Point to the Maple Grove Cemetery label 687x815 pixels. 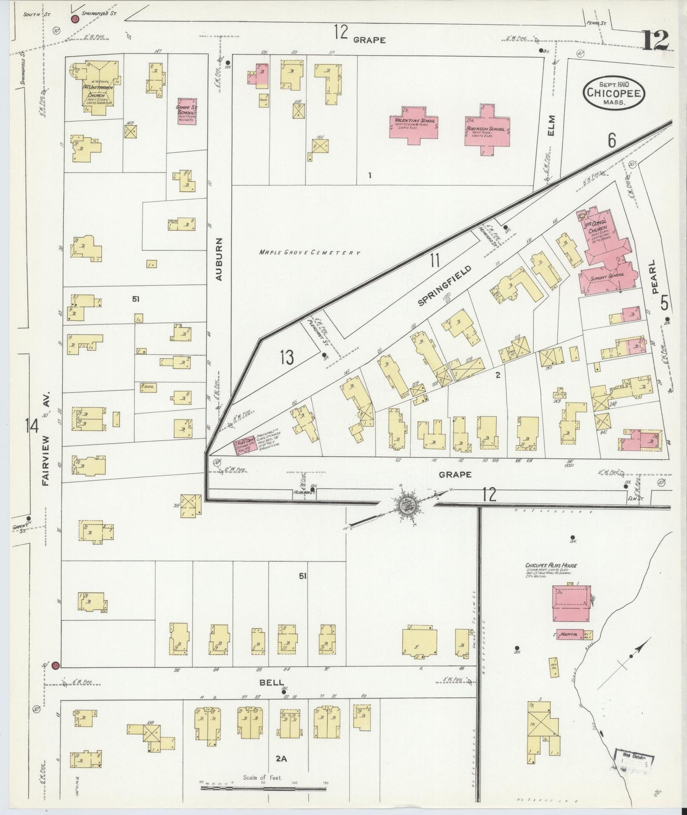click(x=309, y=253)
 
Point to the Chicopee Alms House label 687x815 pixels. click(x=551, y=565)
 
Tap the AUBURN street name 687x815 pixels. click(x=219, y=258)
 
